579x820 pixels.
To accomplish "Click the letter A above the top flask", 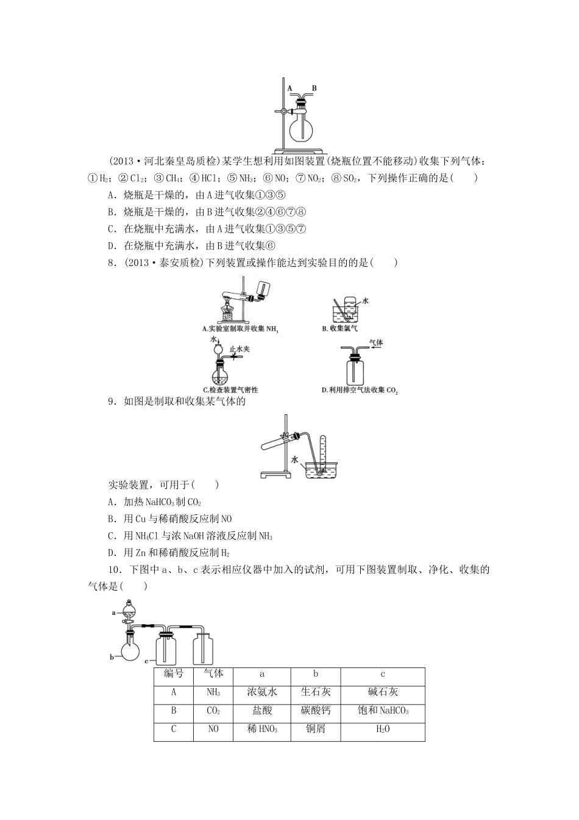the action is [290, 88].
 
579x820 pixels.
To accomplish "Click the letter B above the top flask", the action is [314, 88].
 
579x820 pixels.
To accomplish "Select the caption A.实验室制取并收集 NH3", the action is [240, 329].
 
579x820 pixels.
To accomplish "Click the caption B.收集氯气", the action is [339, 329].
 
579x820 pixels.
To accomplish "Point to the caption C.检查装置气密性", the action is [230, 390].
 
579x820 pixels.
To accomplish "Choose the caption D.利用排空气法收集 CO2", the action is [359, 390].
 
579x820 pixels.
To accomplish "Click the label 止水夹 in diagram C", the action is [242, 349].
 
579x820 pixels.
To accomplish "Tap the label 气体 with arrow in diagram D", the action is [376, 343].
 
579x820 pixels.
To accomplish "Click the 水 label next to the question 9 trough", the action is [295, 460].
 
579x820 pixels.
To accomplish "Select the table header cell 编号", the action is [174, 674].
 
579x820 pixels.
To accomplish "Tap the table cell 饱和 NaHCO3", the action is [383, 711].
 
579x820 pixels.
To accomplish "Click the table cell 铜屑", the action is [316, 729].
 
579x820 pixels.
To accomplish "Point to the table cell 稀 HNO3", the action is [262, 729].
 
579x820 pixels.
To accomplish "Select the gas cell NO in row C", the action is [213, 729].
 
